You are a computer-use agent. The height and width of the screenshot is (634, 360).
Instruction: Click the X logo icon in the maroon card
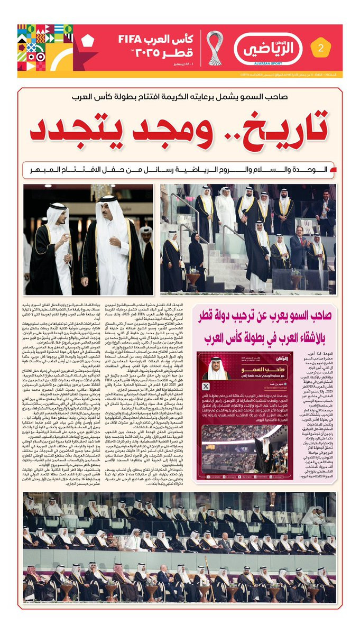205,372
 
